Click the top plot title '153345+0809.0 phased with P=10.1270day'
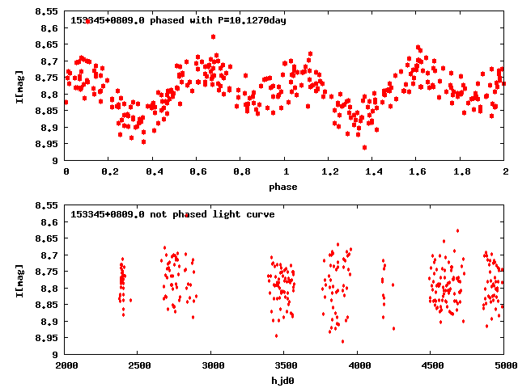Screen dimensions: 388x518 point(178,19)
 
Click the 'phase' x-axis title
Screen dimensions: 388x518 point(284,188)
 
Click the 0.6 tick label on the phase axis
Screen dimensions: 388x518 point(197,172)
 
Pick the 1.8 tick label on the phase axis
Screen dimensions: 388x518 point(461,172)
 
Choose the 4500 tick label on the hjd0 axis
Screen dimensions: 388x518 point(430,366)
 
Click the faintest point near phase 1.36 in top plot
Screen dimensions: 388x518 point(365,147)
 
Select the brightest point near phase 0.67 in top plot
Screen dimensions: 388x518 point(213,36)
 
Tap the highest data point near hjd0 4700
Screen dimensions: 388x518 point(457,230)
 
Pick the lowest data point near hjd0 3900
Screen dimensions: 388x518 point(342,341)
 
